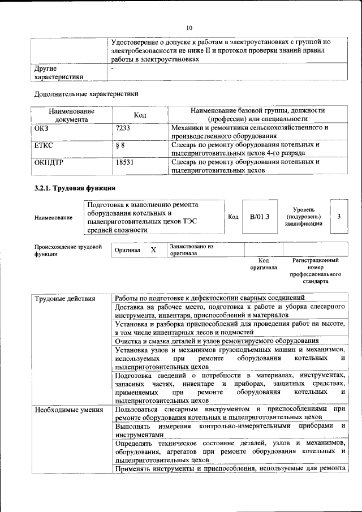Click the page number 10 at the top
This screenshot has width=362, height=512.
(x=189, y=27)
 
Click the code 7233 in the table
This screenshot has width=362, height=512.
(x=122, y=128)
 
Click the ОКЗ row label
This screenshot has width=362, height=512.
(x=42, y=128)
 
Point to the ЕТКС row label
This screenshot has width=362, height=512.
(x=44, y=145)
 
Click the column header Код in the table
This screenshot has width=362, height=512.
(x=140, y=115)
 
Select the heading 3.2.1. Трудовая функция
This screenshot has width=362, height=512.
(x=75, y=188)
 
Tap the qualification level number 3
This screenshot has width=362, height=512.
(x=338, y=216)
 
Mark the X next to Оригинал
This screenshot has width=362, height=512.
(x=153, y=249)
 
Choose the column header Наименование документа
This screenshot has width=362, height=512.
(x=71, y=115)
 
